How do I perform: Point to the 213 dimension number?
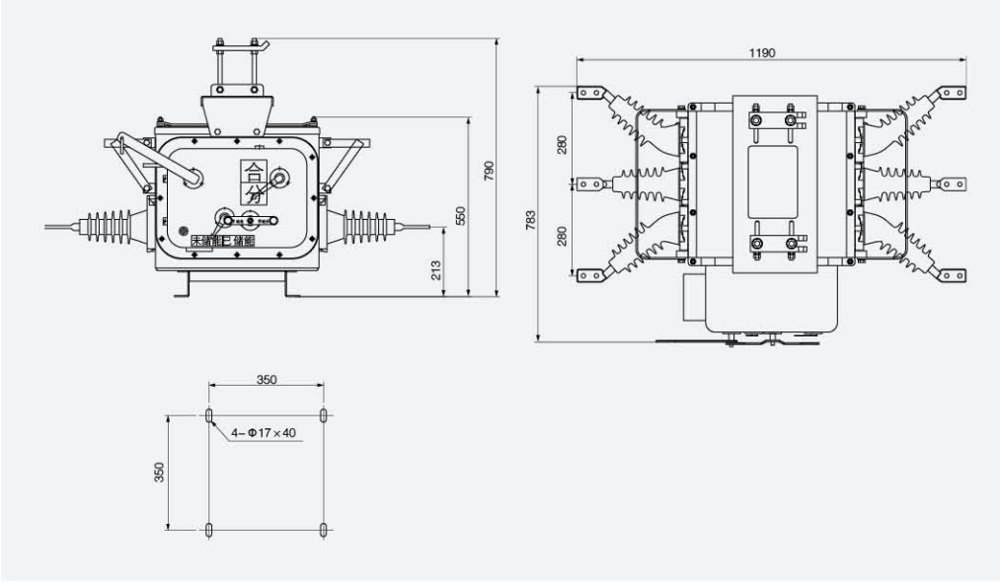tap(437, 269)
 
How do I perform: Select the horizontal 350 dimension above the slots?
tap(267, 380)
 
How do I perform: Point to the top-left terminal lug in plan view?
tap(590, 94)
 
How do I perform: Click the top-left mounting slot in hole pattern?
tap(208, 415)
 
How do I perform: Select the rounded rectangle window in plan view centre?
tap(773, 183)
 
